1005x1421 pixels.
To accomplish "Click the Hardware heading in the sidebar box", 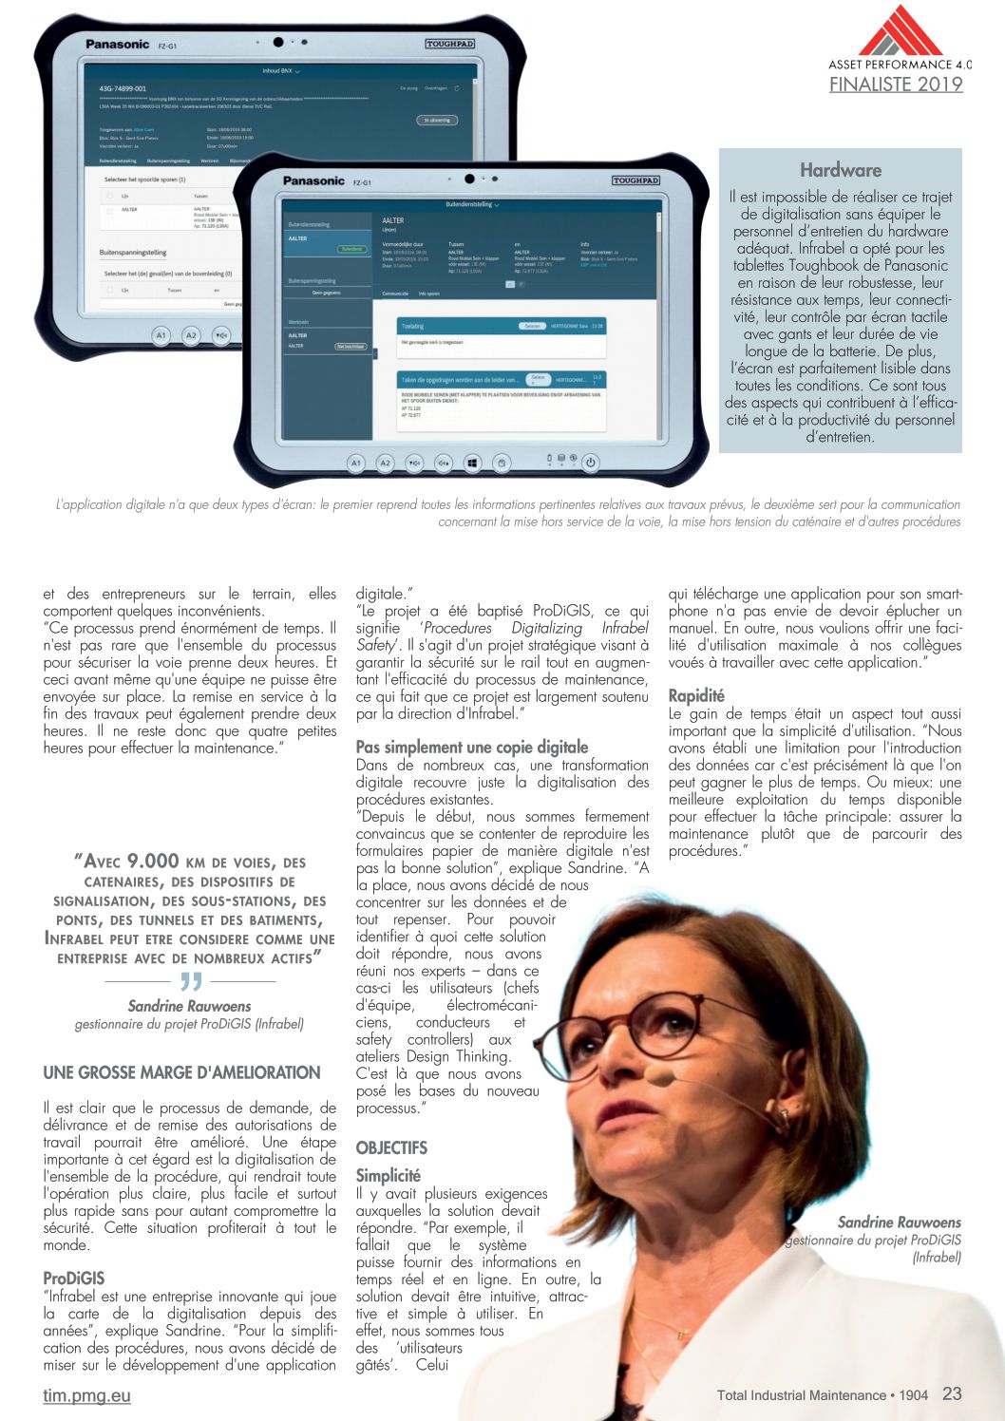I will [x=840, y=171].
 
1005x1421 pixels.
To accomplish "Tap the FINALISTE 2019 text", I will [x=896, y=85].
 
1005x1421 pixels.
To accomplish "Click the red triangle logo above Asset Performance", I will [x=900, y=32].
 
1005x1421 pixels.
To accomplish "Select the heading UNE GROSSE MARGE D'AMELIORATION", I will [x=181, y=1072].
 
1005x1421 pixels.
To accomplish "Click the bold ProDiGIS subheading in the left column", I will [x=73, y=1279].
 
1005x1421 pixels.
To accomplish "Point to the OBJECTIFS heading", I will [x=391, y=1147].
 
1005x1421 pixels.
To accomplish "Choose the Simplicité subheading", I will [x=388, y=1175].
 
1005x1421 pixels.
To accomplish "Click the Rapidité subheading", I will [x=696, y=695].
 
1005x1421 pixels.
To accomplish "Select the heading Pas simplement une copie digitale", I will [x=471, y=747].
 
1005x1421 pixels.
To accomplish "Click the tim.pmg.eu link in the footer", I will [x=86, y=1395].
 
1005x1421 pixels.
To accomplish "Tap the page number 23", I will [x=952, y=1393].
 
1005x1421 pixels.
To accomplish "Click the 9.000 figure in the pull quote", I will [x=153, y=861].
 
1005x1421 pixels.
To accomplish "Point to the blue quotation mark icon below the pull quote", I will [x=191, y=980].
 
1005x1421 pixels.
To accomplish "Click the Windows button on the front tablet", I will [x=472, y=463].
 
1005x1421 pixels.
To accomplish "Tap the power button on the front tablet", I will [x=590, y=463].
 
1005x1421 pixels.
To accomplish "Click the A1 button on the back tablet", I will [x=161, y=335].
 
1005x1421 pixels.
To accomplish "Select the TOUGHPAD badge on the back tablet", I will [x=449, y=44].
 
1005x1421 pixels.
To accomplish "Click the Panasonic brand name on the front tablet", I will [x=313, y=180].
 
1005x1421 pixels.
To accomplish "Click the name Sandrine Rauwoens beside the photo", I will [x=899, y=1222].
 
